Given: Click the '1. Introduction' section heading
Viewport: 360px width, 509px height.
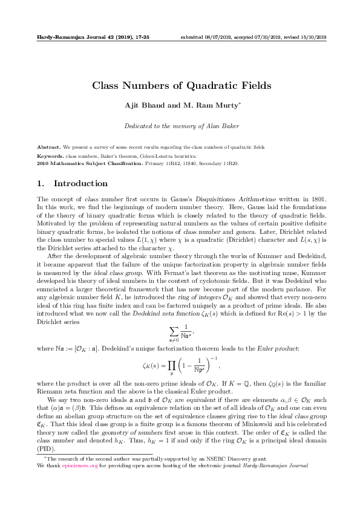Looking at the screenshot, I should [73, 183].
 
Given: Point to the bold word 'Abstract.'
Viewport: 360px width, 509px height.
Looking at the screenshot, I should [48, 148].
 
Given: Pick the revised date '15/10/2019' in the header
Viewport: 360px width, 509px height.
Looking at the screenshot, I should [313, 37].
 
